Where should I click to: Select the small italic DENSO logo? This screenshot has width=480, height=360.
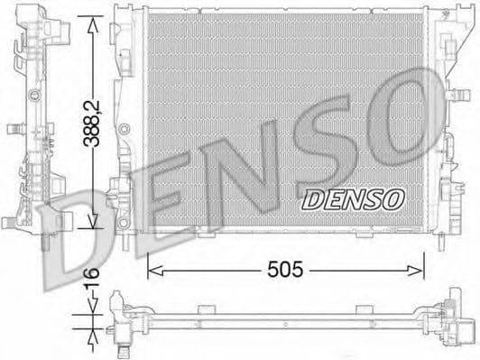click(346, 198)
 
